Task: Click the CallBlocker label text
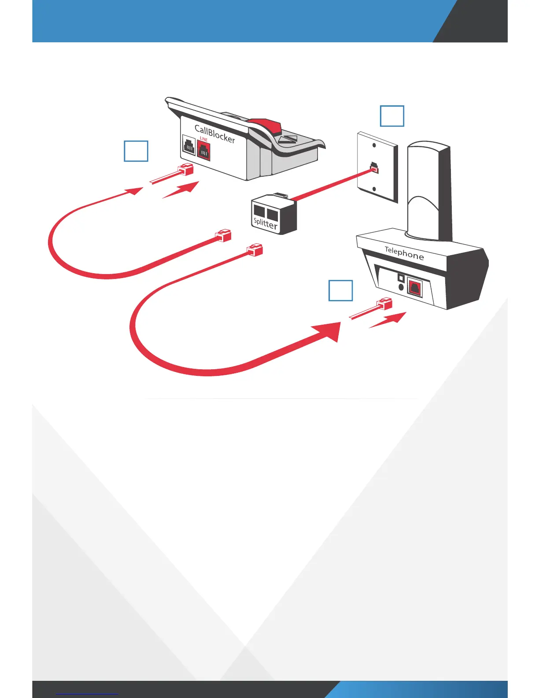[x=215, y=134]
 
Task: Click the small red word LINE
[x=203, y=139]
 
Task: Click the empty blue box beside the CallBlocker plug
[x=136, y=151]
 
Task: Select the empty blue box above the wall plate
[x=392, y=116]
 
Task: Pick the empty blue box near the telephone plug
[x=340, y=291]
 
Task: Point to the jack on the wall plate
[x=374, y=167]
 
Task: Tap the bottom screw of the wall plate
[x=374, y=189]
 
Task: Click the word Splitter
[x=266, y=223]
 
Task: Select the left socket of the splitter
[x=259, y=211]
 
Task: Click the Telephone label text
[x=404, y=253]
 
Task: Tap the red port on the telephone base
[x=414, y=289]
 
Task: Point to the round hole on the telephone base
[x=401, y=286]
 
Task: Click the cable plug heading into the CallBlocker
[x=185, y=169]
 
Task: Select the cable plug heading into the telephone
[x=384, y=304]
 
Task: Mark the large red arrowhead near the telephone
[x=328, y=331]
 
